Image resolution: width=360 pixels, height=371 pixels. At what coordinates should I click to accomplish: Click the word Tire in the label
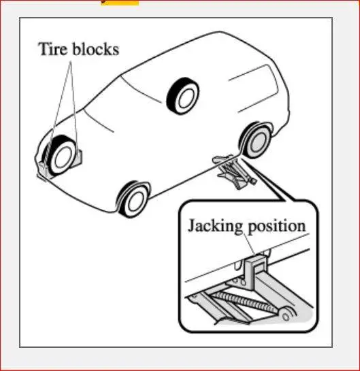54,49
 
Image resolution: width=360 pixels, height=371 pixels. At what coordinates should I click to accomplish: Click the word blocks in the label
95,49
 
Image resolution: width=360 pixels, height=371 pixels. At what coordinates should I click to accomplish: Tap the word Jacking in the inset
215,227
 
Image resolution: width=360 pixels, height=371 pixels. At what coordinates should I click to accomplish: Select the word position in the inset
277,227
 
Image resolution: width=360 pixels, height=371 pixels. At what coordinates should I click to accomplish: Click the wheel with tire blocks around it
61,156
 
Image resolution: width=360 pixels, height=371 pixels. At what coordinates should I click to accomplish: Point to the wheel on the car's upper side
183,96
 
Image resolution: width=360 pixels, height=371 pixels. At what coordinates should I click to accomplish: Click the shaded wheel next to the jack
256,140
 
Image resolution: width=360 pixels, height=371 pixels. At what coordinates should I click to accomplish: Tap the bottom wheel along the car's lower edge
133,199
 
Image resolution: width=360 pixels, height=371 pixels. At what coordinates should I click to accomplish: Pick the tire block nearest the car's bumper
44,168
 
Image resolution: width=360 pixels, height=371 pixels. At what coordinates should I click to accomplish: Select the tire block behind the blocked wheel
79,156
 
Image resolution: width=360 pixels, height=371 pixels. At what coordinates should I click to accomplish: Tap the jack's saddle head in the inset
255,270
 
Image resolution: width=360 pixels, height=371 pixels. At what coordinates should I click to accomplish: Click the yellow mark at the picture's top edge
120,3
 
